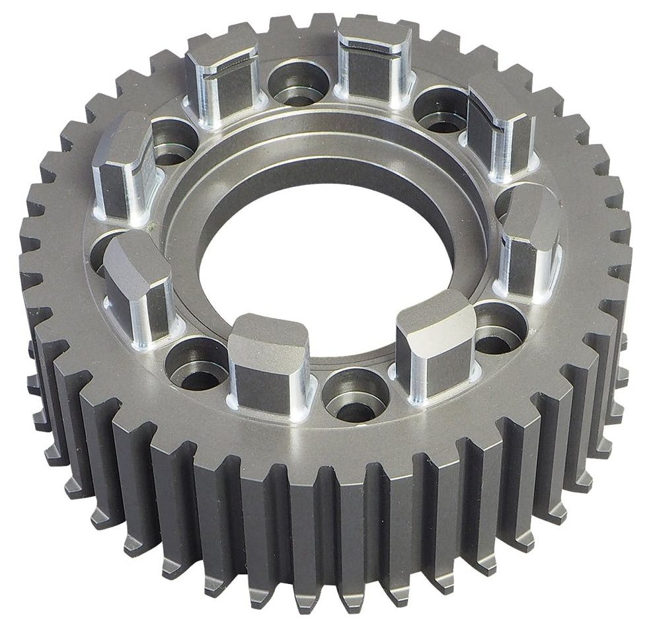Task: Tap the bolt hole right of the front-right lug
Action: click(499, 327)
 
